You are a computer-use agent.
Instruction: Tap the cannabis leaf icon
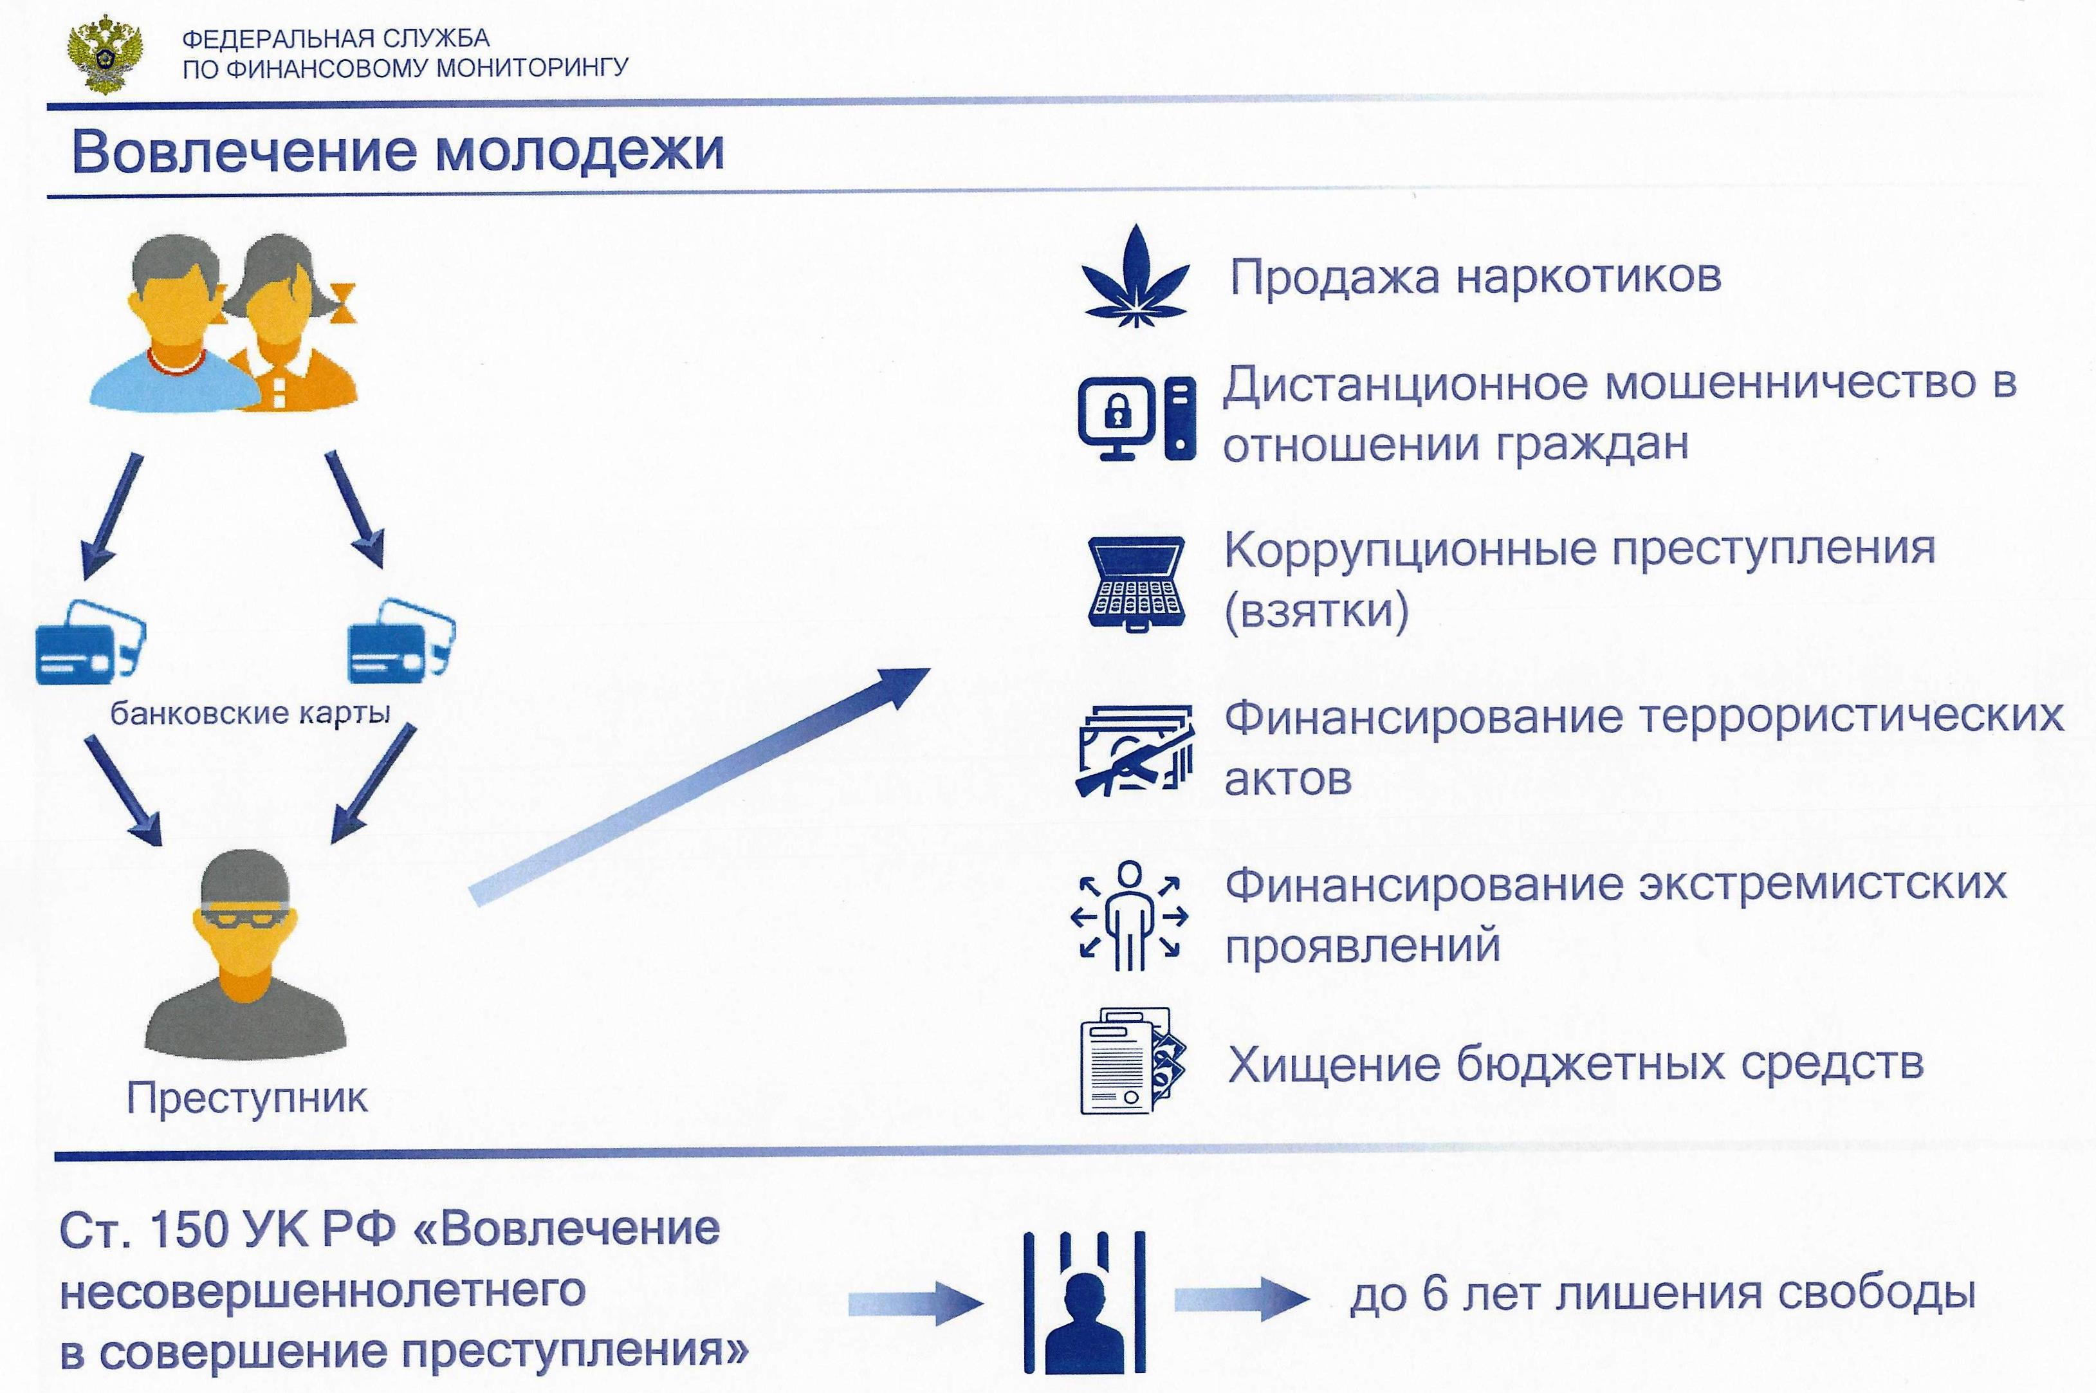tap(1135, 275)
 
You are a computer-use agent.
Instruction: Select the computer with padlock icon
tap(1137, 418)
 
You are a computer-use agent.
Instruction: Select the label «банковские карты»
tap(250, 712)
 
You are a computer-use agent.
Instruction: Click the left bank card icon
tap(89, 641)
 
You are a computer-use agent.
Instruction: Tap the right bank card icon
tap(401, 641)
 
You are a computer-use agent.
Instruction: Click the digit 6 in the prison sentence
tap(1435, 1293)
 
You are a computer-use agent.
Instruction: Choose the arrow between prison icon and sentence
tap(1242, 1300)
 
